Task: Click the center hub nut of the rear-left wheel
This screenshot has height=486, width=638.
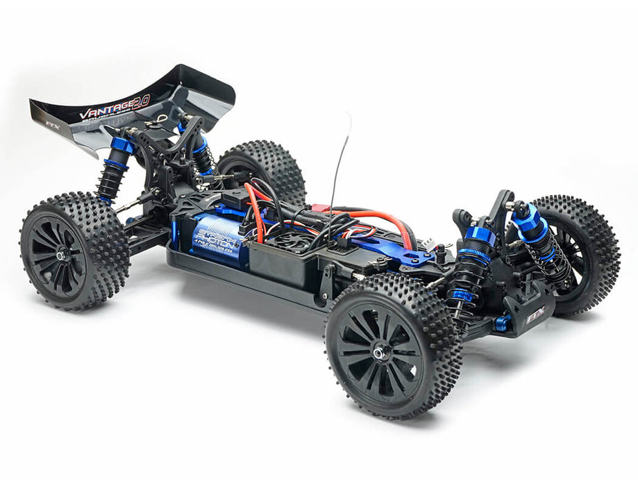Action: (61, 255)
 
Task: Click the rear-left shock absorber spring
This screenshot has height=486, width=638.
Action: (111, 177)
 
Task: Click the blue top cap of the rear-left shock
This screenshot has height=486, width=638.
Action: (121, 146)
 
